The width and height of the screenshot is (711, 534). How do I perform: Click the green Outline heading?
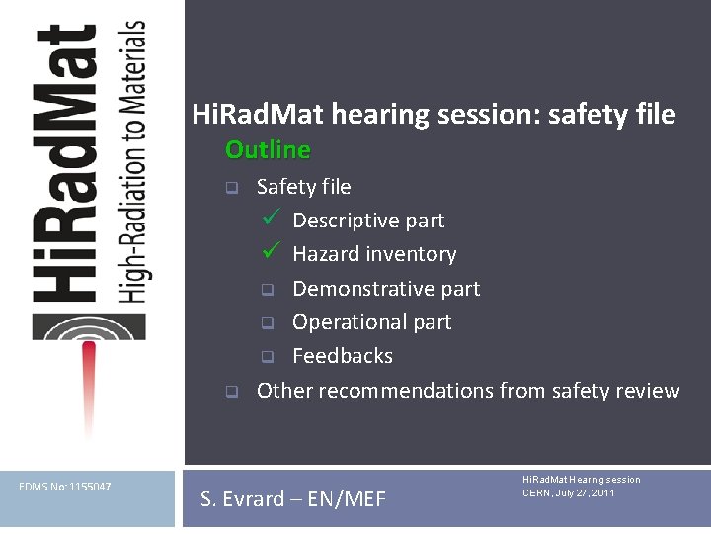268,150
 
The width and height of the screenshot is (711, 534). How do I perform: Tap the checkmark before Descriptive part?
272,219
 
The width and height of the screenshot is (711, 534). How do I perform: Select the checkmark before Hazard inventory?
272,252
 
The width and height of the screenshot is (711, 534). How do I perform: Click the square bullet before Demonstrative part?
266,290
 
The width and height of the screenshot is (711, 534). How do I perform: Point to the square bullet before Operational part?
266,323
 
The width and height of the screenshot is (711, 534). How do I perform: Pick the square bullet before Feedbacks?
266,357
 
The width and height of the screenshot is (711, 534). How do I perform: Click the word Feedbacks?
343,356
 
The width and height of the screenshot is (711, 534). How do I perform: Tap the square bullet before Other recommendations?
230,392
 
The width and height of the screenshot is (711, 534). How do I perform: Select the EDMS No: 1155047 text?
65,487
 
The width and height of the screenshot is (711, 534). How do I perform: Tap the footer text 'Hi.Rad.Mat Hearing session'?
581,480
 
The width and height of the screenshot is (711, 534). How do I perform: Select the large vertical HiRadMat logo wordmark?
64,163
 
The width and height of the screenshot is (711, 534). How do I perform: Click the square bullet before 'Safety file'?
230,188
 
